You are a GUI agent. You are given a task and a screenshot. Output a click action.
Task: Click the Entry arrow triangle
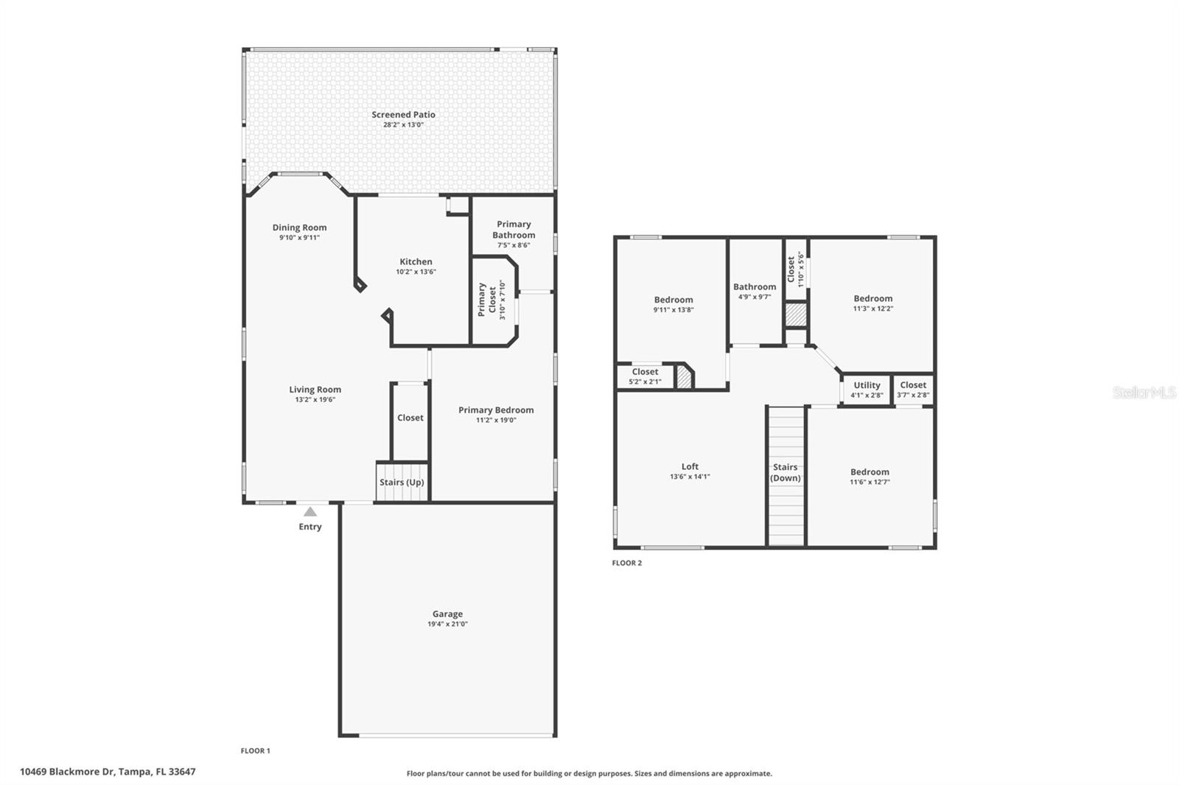pos(310,511)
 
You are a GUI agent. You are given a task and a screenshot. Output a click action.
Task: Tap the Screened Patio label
pos(403,115)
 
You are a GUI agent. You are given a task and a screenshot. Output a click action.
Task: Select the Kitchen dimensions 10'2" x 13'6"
pos(416,272)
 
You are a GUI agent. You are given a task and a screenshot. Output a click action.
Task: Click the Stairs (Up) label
pos(402,482)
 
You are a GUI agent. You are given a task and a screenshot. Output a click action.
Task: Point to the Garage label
pos(447,613)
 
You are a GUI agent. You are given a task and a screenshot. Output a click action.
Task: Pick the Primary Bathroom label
pos(514,230)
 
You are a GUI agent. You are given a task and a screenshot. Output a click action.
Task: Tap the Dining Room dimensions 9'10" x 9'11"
pos(299,238)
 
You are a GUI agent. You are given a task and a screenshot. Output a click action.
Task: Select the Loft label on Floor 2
pos(690,466)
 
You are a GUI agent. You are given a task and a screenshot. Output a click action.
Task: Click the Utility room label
pos(867,385)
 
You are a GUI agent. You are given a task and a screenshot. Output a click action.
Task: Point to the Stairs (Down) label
pos(786,472)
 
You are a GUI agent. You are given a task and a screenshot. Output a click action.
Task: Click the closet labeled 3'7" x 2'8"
pos(913,390)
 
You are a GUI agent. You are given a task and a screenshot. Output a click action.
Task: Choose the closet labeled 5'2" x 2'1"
pos(645,376)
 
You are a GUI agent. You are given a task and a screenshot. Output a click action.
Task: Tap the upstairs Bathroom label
pos(755,287)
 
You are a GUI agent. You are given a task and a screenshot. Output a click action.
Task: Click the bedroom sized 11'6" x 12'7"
pos(870,476)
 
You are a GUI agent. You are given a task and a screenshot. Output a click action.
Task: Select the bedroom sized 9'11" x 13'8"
pos(673,304)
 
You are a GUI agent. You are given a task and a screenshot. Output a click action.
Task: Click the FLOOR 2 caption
pos(627,563)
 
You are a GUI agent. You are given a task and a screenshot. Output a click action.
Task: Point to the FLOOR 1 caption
pos(256,751)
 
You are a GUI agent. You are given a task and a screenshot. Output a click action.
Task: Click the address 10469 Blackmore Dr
pos(108,772)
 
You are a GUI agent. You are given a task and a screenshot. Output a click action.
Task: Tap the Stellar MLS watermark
pos(1144,392)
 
